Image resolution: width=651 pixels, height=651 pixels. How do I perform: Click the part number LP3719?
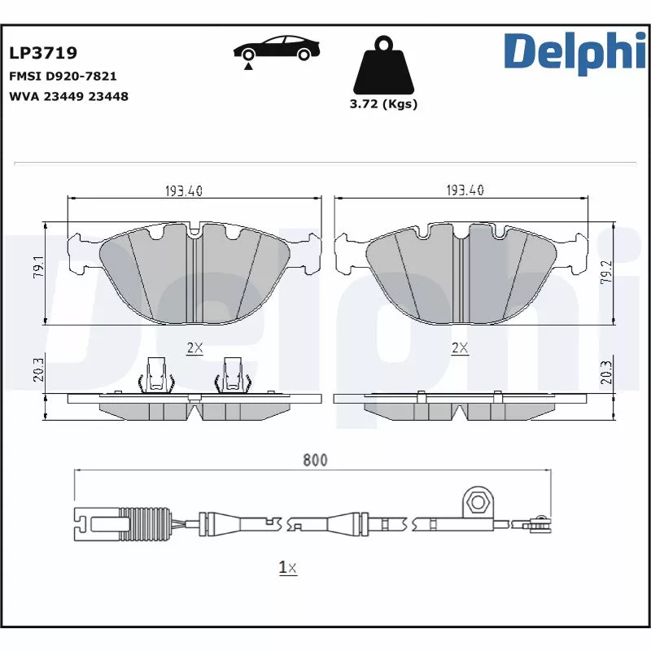(x=43, y=54)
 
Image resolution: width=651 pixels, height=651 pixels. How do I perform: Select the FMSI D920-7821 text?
(x=63, y=76)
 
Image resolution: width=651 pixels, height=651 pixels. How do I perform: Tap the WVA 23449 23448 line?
(x=68, y=96)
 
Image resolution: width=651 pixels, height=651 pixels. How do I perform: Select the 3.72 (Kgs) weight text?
(x=382, y=104)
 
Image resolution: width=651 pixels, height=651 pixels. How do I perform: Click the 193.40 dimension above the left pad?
(x=183, y=190)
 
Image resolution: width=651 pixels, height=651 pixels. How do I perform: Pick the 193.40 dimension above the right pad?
(x=465, y=190)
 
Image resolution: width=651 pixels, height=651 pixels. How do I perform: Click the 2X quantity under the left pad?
(x=194, y=348)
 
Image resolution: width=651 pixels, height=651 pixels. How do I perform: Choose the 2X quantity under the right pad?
(x=461, y=348)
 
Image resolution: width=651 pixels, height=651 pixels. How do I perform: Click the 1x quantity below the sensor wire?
(x=287, y=568)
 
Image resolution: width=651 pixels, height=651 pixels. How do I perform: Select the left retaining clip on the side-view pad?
(x=159, y=375)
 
